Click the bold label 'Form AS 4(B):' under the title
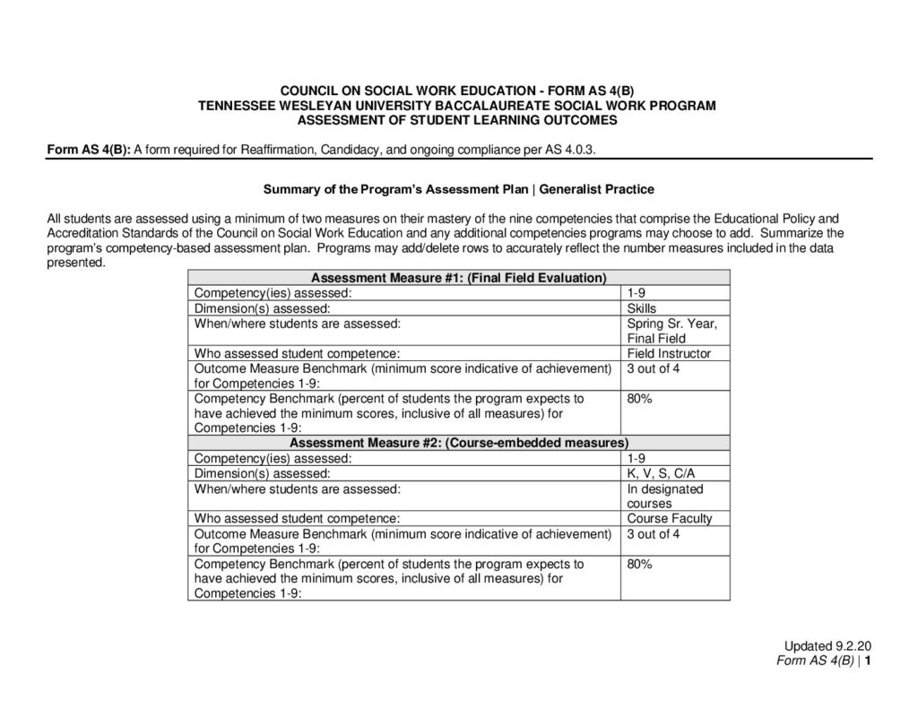click(89, 150)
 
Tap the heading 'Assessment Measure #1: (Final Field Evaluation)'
click(458, 278)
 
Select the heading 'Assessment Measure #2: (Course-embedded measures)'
click(458, 443)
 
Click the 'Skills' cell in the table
click(642, 307)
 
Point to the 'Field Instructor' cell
click(669, 353)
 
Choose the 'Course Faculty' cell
click(670, 518)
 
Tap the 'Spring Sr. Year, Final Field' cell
click(671, 331)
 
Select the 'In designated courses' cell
click(665, 496)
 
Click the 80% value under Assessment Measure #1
click(639, 399)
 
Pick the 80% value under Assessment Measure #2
click(639, 564)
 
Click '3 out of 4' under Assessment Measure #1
click(654, 368)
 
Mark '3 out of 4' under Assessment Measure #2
click(654, 533)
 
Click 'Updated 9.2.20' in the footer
click(828, 646)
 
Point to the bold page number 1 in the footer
click(869, 661)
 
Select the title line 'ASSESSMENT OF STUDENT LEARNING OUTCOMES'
click(457, 119)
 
